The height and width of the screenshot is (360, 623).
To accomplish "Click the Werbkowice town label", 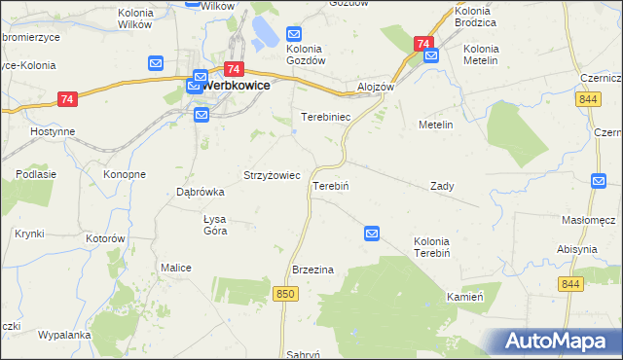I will pos(236,85).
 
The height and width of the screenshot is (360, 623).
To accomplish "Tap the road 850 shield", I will pos(285,294).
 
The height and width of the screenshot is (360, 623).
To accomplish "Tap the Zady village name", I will pos(442,185).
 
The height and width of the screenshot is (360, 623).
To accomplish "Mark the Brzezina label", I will pos(313,270).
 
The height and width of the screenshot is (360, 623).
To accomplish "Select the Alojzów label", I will pos(376,86).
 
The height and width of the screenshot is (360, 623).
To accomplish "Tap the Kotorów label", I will pos(106,238).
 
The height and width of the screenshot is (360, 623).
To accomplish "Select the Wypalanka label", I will pos(64,335).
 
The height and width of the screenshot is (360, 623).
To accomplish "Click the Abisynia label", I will pos(577,249).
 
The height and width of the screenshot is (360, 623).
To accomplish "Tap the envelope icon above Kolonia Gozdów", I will pos(297,34).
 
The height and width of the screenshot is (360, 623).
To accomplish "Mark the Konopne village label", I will pos(125,174).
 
